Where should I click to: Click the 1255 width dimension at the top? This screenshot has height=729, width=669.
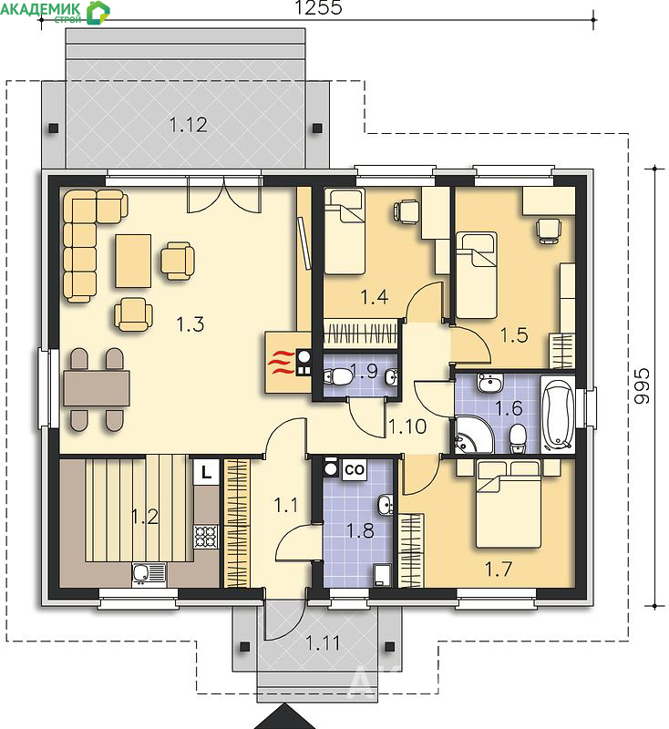coord(318,7)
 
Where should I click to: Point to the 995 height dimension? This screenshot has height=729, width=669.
coord(642,385)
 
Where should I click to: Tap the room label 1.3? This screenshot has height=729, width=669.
coord(190,324)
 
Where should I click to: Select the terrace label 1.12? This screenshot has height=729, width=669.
coord(188,125)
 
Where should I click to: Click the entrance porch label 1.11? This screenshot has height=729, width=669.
coord(323,643)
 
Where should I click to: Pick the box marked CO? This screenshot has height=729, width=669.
coord(355,470)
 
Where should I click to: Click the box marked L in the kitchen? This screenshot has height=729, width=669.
coord(206,473)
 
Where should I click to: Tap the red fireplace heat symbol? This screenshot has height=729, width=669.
coord(283,363)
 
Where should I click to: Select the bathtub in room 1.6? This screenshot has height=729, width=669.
coord(558,414)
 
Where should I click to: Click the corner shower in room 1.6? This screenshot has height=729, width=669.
coord(473,435)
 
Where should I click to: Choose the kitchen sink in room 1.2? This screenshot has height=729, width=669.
coord(149,575)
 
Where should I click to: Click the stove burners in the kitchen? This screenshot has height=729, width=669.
coord(206,536)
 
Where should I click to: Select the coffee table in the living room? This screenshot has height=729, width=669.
coord(133,261)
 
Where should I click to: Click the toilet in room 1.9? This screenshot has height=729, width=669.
coord(338,376)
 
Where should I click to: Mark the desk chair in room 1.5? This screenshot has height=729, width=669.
coord(548,231)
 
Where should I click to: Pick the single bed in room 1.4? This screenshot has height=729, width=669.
coord(344,231)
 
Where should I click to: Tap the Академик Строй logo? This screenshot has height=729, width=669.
coord(55,12)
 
